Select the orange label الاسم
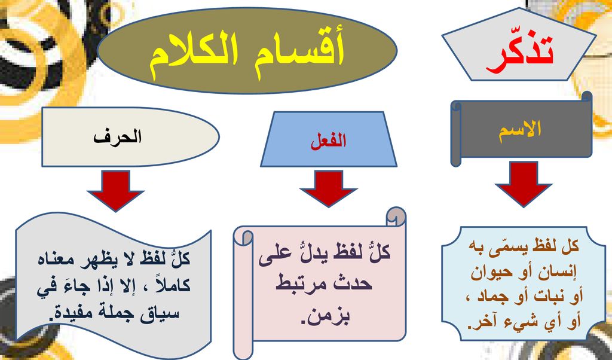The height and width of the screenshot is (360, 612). coord(520,129)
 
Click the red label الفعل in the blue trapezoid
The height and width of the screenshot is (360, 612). coord(328,142)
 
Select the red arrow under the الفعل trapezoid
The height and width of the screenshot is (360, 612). coord(328,188)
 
